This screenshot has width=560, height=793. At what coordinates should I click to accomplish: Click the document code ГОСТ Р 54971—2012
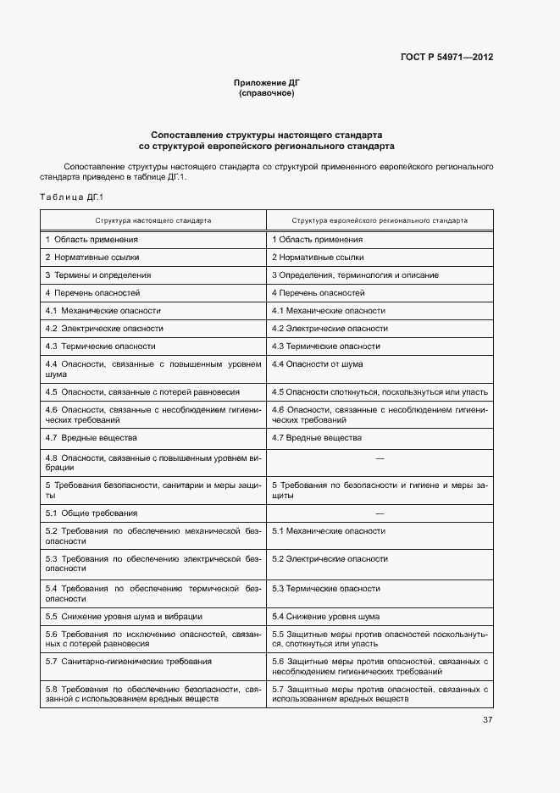(x=446, y=58)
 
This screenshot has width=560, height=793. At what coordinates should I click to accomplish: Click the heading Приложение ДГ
(x=267, y=83)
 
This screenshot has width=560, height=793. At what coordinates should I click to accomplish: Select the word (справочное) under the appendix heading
(x=267, y=93)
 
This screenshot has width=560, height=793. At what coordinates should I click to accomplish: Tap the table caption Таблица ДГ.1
(x=70, y=197)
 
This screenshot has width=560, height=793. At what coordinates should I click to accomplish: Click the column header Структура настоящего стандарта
(x=153, y=219)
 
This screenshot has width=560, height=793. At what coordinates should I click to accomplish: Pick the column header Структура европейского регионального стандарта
(x=380, y=219)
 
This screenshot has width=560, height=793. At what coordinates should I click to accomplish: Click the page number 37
(x=487, y=720)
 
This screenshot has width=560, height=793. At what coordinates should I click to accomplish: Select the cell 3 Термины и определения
(x=98, y=275)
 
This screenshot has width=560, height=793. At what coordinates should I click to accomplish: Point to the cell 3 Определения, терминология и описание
(x=355, y=275)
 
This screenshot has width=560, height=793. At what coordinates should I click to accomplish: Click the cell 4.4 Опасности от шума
(x=317, y=363)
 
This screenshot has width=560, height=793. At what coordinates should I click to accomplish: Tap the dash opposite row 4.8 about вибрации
(x=380, y=458)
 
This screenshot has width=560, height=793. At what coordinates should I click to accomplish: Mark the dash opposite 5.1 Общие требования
(x=380, y=513)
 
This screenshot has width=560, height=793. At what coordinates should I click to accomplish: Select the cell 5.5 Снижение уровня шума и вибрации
(x=124, y=616)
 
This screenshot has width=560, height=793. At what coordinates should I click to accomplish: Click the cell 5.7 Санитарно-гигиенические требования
(x=117, y=661)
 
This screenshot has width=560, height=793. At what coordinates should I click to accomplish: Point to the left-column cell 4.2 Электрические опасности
(x=104, y=328)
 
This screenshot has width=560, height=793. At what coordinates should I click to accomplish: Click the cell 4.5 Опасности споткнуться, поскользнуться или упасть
(x=379, y=392)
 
